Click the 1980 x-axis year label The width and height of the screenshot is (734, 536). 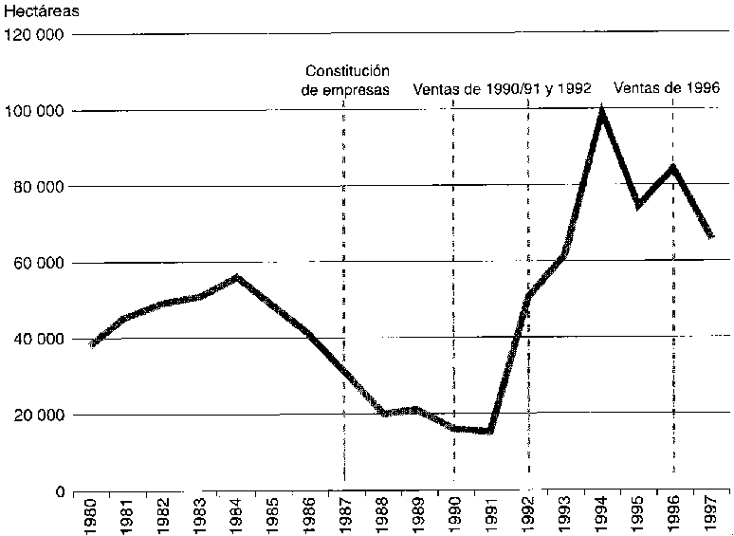93,515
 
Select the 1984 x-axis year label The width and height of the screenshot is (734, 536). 236,515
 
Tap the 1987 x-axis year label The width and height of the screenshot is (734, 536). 343,515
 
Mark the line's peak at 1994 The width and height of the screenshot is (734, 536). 601,113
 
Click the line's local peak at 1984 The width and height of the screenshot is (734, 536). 236,277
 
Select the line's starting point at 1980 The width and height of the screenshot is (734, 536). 92,344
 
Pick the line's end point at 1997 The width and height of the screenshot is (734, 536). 710,236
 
